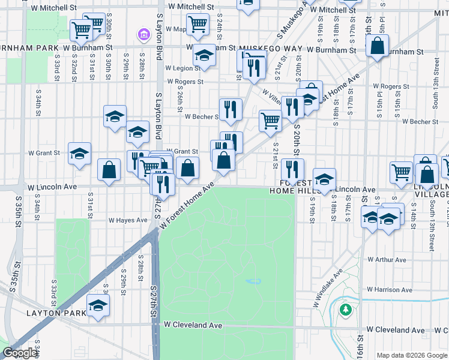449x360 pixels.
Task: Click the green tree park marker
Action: tap(345, 310)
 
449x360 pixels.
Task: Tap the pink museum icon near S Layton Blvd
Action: tap(143, 35)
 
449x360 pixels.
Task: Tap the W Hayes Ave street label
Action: tap(127, 220)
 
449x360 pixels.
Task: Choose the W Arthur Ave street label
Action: tap(386, 260)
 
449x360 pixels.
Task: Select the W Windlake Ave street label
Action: tap(327, 287)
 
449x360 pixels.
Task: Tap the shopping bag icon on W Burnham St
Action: tap(377, 46)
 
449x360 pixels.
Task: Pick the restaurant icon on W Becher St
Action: tap(231, 109)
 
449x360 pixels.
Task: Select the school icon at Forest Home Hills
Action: tap(324, 178)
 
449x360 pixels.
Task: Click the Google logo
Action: tap(20, 353)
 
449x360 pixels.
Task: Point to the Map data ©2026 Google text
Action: tap(411, 355)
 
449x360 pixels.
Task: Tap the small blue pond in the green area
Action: tap(253, 281)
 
